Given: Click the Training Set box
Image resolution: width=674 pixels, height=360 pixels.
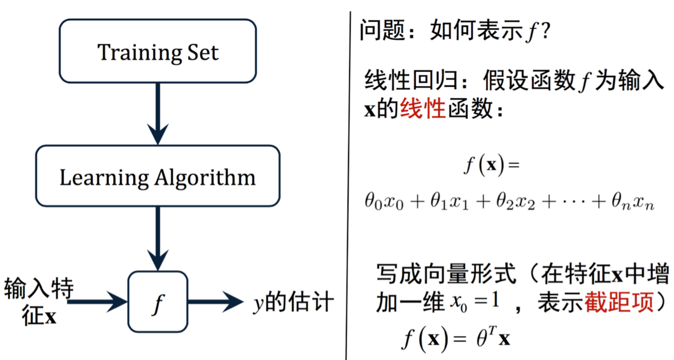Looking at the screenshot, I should (x=158, y=51).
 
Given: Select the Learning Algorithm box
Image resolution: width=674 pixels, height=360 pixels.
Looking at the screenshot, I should (x=158, y=176).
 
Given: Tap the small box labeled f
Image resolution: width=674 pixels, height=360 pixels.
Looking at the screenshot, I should (x=158, y=302).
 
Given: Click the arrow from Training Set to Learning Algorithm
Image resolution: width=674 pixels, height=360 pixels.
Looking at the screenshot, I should (x=158, y=113).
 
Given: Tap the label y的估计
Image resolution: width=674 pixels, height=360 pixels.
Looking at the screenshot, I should (x=293, y=302).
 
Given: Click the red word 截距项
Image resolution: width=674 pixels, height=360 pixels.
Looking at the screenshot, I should (x=619, y=302).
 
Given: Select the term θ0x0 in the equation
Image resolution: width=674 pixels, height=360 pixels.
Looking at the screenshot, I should (x=384, y=202).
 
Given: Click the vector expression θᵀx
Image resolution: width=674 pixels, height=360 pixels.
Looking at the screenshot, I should (x=493, y=337).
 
